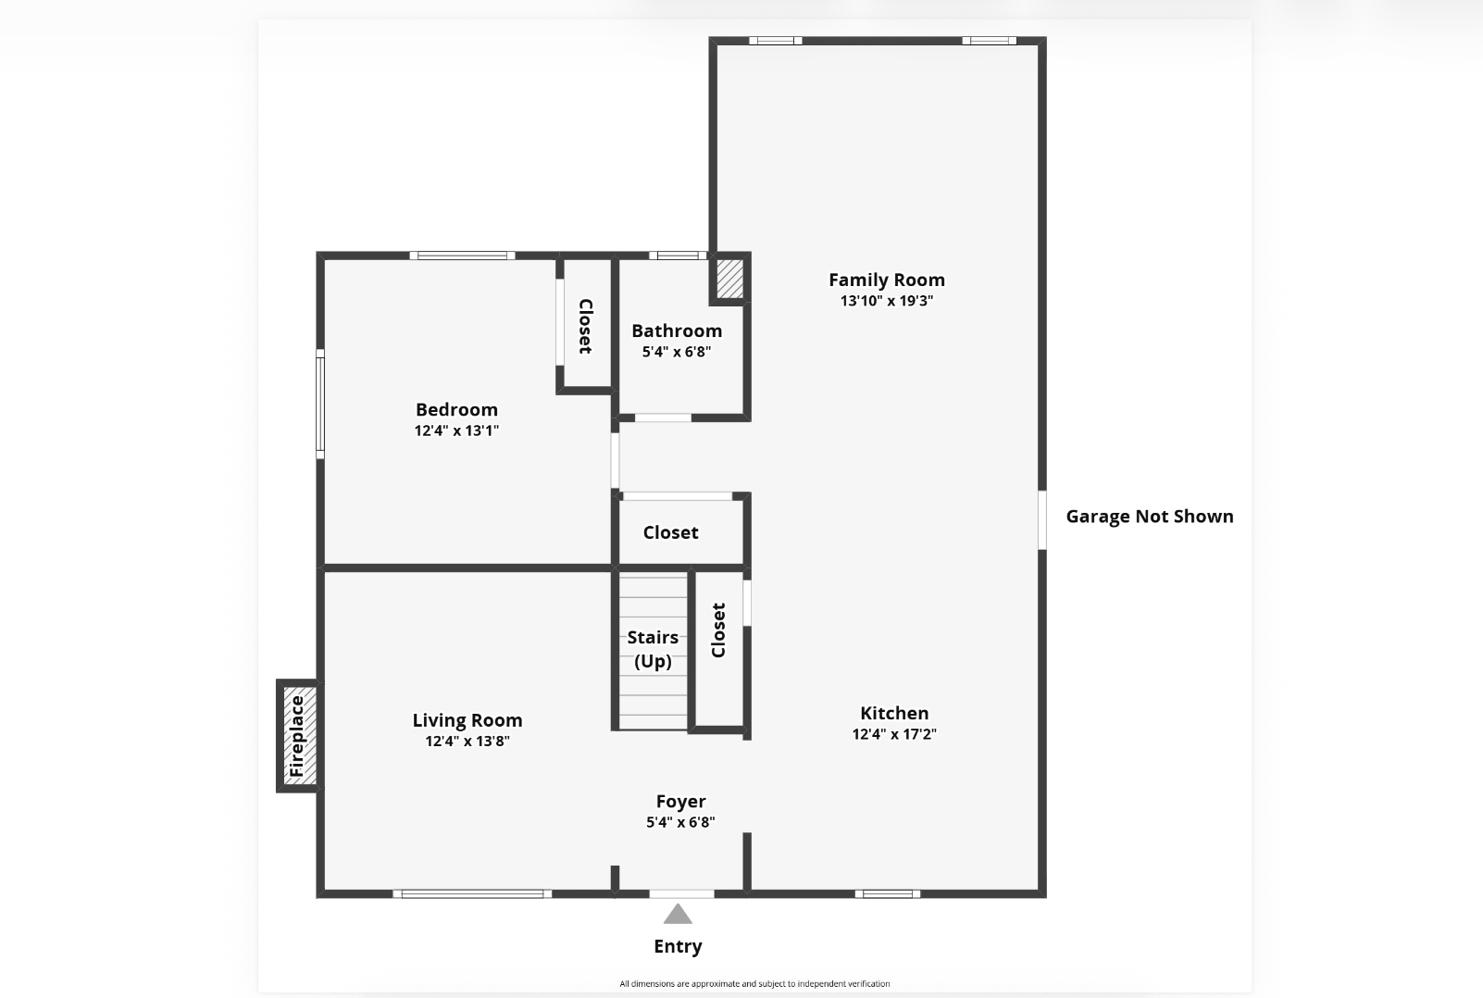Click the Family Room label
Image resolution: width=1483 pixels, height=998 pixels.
click(887, 281)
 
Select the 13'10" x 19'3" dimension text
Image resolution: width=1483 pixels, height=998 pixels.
click(887, 301)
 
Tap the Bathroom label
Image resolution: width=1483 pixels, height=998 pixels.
click(677, 331)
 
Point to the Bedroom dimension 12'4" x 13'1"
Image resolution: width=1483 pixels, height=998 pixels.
click(456, 430)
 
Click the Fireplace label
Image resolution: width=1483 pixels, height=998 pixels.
click(296, 736)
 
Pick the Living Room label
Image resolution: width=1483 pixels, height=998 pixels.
click(467, 720)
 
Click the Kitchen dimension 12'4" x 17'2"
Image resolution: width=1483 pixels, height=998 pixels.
click(894, 734)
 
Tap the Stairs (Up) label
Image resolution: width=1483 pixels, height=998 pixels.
click(653, 649)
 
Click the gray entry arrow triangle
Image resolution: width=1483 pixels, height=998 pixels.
click(678, 914)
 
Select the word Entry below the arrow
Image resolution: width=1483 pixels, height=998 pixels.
click(678, 946)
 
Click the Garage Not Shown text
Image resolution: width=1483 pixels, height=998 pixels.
click(1150, 517)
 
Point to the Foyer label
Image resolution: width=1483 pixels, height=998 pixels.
click(680, 802)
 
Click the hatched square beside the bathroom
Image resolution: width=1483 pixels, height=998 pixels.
click(729, 279)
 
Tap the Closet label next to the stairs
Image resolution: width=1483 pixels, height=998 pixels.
click(718, 630)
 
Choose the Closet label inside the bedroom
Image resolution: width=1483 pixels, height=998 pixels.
click(585, 327)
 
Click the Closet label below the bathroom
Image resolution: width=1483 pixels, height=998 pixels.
click(670, 532)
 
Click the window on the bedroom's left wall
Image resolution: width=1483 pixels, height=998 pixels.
click(320, 404)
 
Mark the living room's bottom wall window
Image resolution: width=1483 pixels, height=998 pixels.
click(472, 894)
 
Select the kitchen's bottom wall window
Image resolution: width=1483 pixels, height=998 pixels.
click(888, 894)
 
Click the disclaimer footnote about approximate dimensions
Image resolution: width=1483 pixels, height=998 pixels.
click(754, 984)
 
